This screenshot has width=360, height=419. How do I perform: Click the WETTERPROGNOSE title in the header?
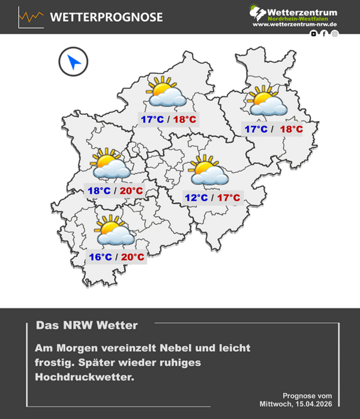[x=106, y=17]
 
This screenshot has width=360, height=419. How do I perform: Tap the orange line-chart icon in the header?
[x=31, y=17]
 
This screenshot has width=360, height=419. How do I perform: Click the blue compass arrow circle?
[x=73, y=62]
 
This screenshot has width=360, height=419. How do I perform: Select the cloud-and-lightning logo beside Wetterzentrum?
[x=256, y=12]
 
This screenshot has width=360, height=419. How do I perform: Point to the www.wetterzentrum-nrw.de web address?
[x=295, y=25]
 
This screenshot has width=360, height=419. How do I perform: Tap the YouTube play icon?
[x=314, y=34]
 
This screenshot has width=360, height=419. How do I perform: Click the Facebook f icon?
[x=325, y=34]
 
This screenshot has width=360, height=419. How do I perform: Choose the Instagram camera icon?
[x=335, y=34]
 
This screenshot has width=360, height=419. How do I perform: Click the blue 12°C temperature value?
[x=196, y=197]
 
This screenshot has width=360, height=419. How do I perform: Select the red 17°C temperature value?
[x=229, y=197]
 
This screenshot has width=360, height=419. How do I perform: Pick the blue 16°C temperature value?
[x=100, y=257]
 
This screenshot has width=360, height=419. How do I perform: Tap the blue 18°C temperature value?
[x=99, y=191]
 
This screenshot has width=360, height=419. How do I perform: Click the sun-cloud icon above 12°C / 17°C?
[x=208, y=171]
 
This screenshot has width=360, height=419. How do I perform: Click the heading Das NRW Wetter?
[x=87, y=325]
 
